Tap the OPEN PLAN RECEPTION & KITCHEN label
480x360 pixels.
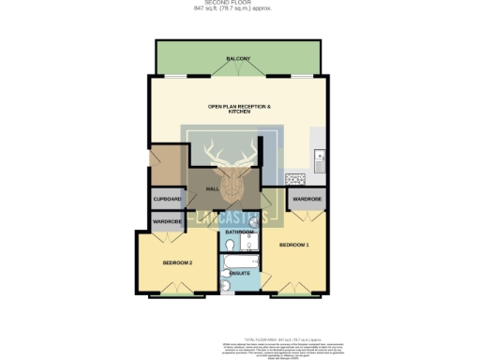[x=239, y=109]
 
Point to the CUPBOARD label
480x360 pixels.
[x=167, y=199]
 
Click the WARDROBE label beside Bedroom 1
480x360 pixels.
[x=307, y=199]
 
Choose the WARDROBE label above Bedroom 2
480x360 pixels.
[x=167, y=221]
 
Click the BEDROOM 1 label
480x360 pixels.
[x=293, y=245]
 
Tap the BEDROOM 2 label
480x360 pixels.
[x=177, y=262]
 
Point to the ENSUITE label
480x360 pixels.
[x=239, y=273]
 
